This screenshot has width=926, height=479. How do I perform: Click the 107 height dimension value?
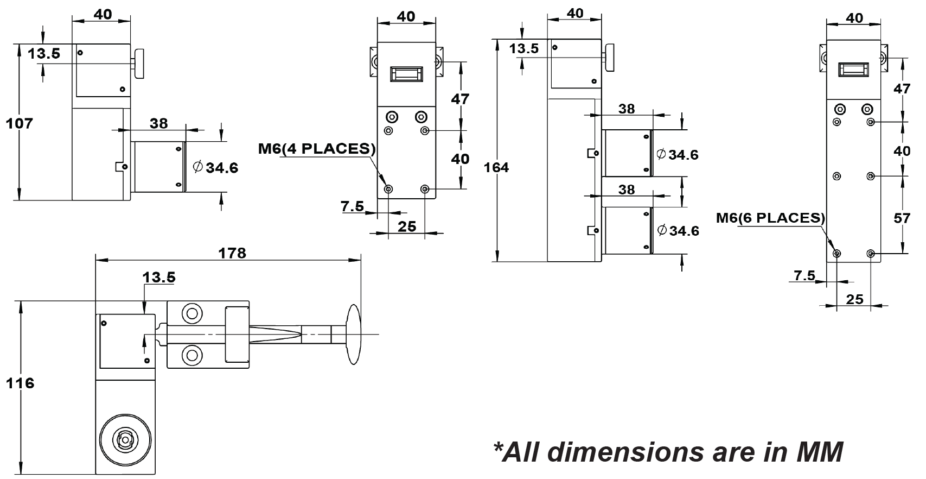pos(19,124)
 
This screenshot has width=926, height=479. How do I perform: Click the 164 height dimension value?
pos(496,168)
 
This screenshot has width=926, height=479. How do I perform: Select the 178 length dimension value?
pos(232,253)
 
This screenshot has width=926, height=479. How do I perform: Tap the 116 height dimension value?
pos(20,383)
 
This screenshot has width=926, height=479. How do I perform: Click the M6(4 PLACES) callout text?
pos(317,149)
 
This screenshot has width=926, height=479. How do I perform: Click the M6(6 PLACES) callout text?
pos(770,218)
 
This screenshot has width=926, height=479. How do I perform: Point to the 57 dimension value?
pos(902,218)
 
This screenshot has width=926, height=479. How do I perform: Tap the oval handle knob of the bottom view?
pos(353,334)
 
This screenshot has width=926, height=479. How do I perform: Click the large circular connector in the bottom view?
pos(126,438)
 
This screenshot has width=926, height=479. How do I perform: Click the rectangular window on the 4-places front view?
pos(406,74)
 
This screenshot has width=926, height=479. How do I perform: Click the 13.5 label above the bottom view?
pos(159,278)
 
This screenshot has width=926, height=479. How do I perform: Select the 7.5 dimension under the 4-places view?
pos(353,206)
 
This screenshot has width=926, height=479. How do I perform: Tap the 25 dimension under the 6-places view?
pos(854,300)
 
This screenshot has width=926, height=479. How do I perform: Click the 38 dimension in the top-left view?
pos(159,124)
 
